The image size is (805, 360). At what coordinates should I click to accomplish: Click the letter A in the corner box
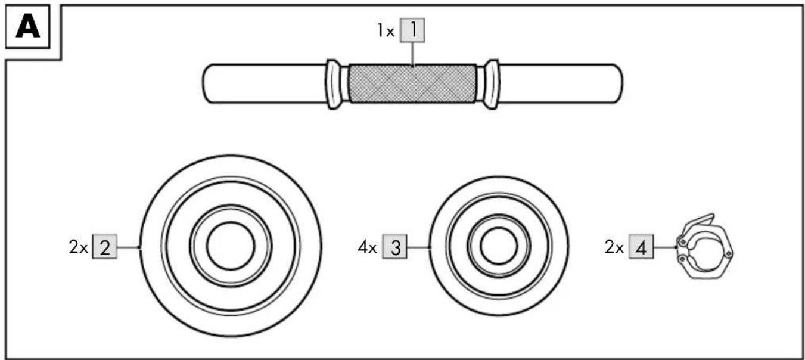pyautogui.click(x=27, y=26)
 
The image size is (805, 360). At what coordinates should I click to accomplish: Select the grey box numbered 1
pyautogui.click(x=412, y=30)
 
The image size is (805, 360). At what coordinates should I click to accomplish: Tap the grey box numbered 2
pyautogui.click(x=105, y=246)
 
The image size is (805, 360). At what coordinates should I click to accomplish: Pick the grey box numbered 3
pyautogui.click(x=394, y=246)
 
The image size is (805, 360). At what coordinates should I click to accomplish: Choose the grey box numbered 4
pyautogui.click(x=641, y=246)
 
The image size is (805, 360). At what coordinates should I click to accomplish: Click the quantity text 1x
pyautogui.click(x=386, y=31)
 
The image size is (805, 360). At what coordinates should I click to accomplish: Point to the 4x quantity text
pyautogui.click(x=367, y=247)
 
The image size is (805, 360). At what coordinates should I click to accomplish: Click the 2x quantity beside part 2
pyautogui.click(x=78, y=247)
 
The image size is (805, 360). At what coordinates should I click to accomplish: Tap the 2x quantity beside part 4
pyautogui.click(x=614, y=247)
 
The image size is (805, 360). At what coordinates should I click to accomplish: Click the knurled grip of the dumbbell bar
pyautogui.click(x=413, y=84)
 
